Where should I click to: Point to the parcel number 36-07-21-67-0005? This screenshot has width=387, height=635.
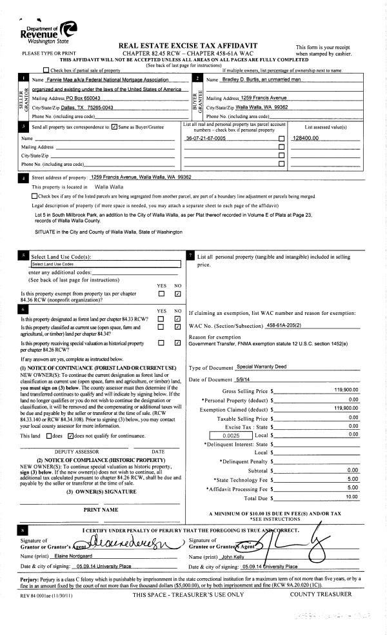pyautogui.click(x=205, y=138)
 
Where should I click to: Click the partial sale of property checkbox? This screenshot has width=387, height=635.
pyautogui.click(x=46, y=70)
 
